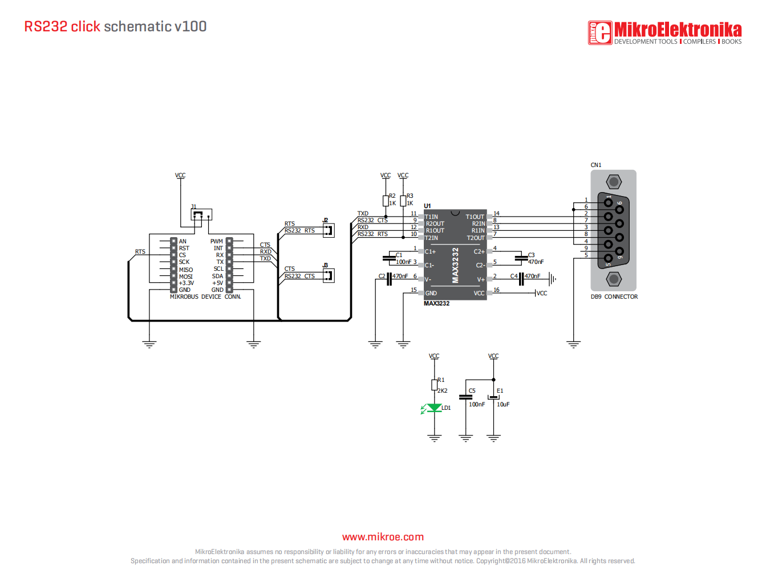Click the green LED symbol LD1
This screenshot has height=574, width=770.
pos(433,408)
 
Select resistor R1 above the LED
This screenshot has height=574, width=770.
pos(434,385)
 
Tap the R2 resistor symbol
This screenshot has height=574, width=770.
pos(386,201)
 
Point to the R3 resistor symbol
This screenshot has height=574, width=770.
pos(403,201)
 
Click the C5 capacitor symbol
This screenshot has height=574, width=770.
pos(465,397)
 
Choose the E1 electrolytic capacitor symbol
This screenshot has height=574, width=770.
pos(493,397)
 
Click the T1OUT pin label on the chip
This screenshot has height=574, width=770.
pos(475,217)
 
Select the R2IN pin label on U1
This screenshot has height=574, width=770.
pos(478,223)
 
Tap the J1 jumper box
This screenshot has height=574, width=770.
pos(201,214)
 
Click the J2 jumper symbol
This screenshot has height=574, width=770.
pos(329,230)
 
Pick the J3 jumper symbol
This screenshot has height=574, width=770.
pos(329,275)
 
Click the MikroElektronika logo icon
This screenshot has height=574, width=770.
pos(600,32)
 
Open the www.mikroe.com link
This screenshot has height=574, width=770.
pos(383,536)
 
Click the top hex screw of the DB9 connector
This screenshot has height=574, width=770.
pos(614,182)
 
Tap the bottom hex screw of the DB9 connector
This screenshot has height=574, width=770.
pos(614,279)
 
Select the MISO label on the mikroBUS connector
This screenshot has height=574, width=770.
pos(185,270)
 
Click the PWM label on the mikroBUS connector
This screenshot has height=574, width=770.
pos(216,241)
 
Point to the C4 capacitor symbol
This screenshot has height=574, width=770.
pos(521,279)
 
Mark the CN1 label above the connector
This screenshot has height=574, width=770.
pos(595,165)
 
